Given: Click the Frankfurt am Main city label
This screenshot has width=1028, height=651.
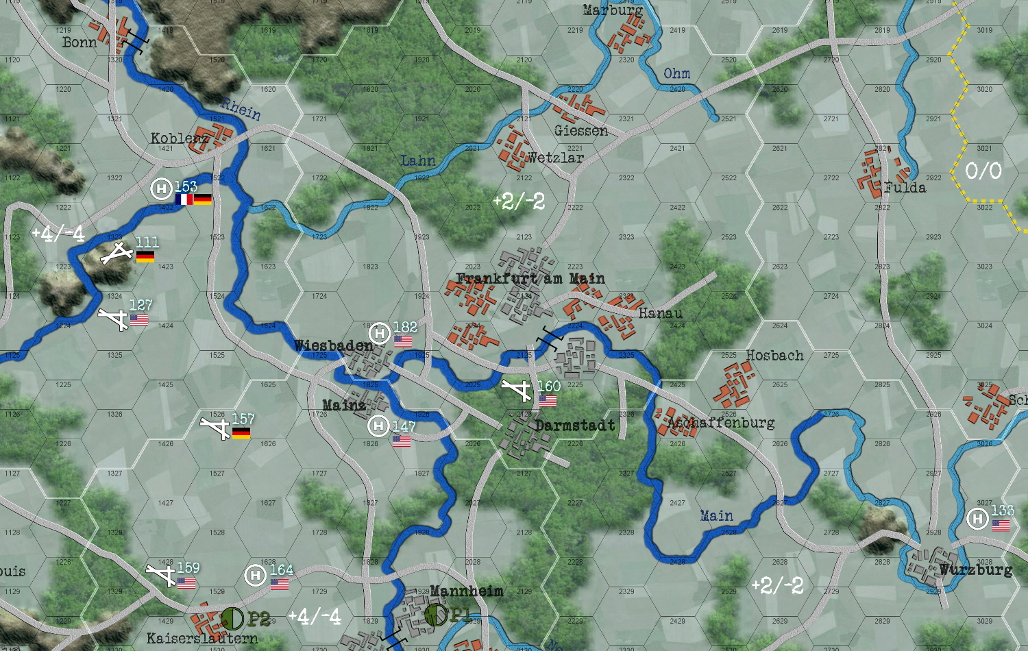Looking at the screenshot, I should pyautogui.click(x=530, y=278).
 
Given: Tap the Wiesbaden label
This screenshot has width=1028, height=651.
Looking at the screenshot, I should pyautogui.click(x=334, y=345).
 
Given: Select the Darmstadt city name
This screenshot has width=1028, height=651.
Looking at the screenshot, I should pyautogui.click(x=575, y=426).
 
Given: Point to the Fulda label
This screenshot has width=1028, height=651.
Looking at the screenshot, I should pyautogui.click(x=905, y=188).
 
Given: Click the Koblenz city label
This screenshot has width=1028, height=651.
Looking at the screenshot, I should pyautogui.click(x=180, y=138).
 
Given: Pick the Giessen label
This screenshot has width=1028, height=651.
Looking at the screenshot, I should pyautogui.click(x=580, y=130).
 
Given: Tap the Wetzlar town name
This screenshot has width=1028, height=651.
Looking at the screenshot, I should pyautogui.click(x=555, y=158).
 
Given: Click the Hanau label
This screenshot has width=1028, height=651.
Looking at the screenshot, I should pyautogui.click(x=661, y=313).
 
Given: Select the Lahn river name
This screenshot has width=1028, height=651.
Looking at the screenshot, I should pyautogui.click(x=418, y=161).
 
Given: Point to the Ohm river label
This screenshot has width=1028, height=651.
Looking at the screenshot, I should pyautogui.click(x=676, y=73).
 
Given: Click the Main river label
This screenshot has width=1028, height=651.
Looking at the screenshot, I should pyautogui.click(x=716, y=515).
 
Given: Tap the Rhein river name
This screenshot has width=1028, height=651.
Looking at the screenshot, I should pyautogui.click(x=241, y=109).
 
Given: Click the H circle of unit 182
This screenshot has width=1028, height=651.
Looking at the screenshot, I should pyautogui.click(x=379, y=334).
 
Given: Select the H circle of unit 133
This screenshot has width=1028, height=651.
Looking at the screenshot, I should pyautogui.click(x=977, y=519).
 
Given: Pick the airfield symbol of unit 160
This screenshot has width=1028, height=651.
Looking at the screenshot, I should pyautogui.click(x=517, y=390).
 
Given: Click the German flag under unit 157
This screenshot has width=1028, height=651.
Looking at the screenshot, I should pyautogui.click(x=241, y=433).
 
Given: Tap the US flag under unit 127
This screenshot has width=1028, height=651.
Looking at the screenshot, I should pyautogui.click(x=139, y=319).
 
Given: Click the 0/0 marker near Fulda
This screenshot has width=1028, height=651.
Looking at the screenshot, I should pyautogui.click(x=983, y=171).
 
